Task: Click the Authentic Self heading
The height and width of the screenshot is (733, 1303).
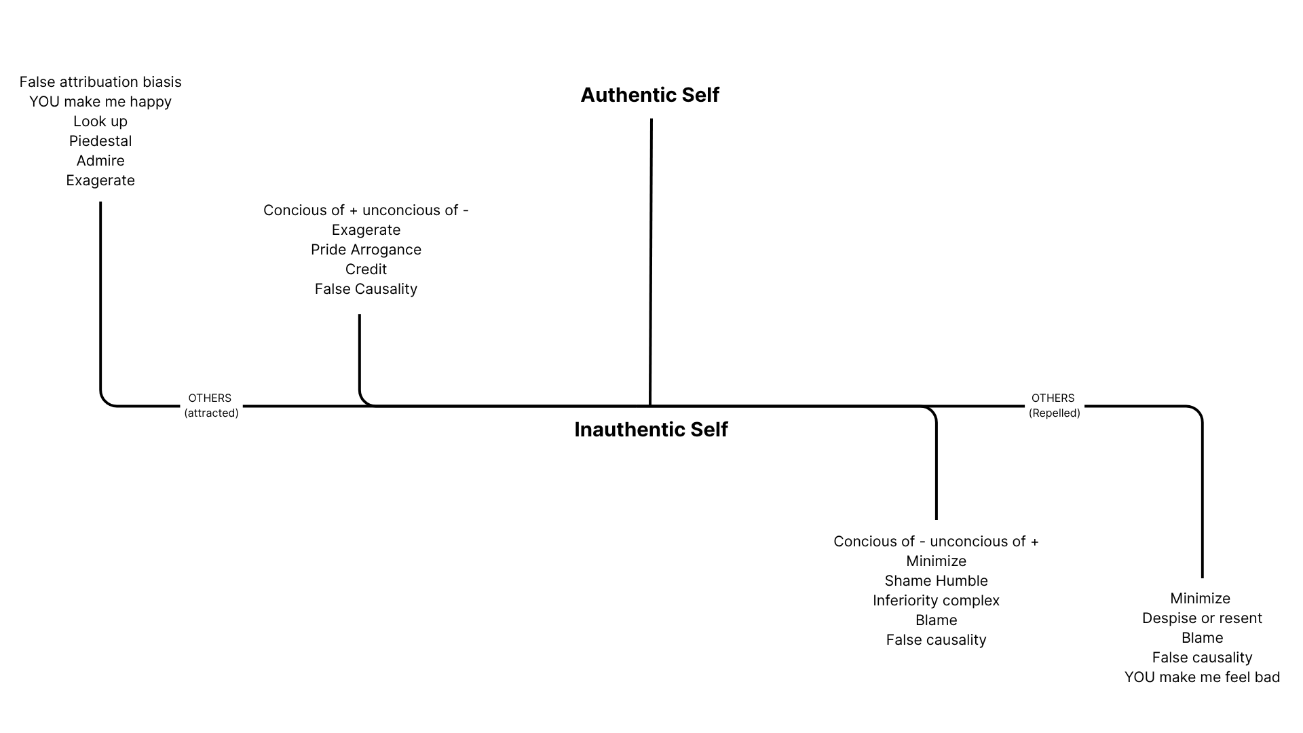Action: [x=649, y=95]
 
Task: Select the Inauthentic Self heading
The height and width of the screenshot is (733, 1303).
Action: [x=651, y=430]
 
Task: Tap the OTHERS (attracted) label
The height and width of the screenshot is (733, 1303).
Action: [x=210, y=405]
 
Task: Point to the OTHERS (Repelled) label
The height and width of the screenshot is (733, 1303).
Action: [x=1053, y=405]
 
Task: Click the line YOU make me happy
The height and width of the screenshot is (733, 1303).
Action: [x=100, y=102]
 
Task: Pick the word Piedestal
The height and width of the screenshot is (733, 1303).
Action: [x=100, y=141]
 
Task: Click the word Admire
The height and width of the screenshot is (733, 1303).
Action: [x=100, y=161]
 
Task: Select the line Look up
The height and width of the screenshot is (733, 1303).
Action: [x=100, y=121]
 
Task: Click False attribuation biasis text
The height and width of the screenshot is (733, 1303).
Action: [x=100, y=82]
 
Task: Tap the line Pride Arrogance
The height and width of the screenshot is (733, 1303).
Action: [x=366, y=250]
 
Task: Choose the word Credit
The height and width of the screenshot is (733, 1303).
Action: [x=366, y=269]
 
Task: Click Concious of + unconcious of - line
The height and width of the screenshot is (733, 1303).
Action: [x=366, y=210]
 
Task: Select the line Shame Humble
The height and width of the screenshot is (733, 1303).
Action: [x=936, y=581]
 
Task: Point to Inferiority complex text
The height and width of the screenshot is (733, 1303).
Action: [x=936, y=601]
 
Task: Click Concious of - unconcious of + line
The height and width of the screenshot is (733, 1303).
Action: [x=936, y=542]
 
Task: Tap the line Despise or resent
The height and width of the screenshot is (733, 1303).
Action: [x=1202, y=618]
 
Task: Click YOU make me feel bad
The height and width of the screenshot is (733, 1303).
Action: [x=1202, y=677]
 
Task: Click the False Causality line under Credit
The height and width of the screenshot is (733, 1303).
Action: [x=366, y=289]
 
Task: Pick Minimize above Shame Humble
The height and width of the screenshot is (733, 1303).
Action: [x=936, y=561]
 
